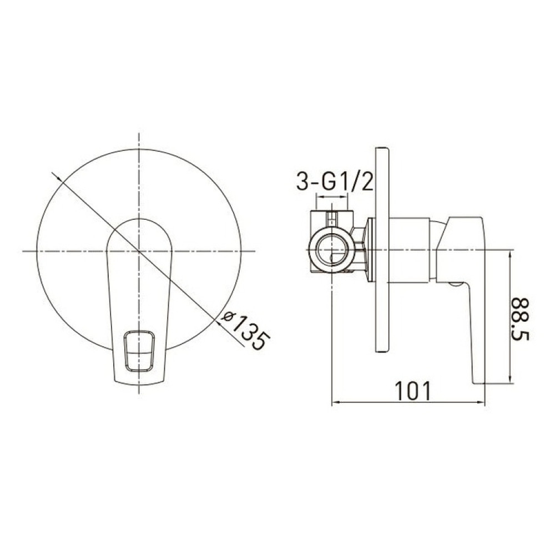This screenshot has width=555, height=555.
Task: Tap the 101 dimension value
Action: tap(413, 391)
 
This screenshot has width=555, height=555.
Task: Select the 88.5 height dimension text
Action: tap(519, 319)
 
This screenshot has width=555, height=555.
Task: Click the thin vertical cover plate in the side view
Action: tap(382, 250)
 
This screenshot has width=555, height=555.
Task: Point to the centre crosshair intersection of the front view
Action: tap(139, 251)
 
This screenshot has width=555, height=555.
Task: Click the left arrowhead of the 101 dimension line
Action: tap(335, 402)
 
